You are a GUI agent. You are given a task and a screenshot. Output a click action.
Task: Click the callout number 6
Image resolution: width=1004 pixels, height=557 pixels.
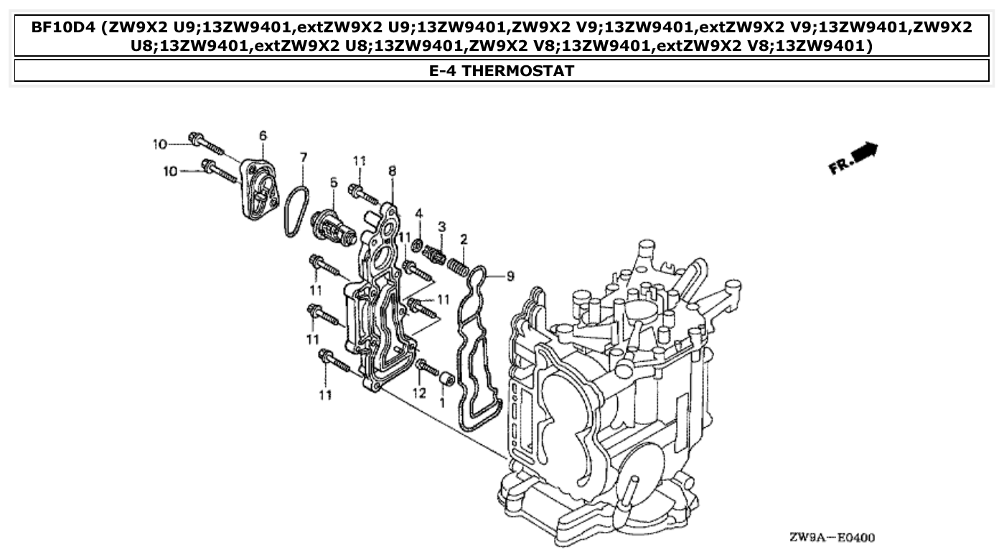pos(263,136)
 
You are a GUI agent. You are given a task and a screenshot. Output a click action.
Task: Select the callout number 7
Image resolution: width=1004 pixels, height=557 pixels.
pos(303,156)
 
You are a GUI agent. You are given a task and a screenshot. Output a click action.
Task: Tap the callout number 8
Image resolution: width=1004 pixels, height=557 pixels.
pos(392,171)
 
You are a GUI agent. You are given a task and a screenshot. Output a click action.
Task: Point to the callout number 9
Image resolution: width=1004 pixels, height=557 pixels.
pos(510,276)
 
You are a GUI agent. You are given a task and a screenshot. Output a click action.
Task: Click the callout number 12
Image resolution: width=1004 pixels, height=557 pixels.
pos(419,393)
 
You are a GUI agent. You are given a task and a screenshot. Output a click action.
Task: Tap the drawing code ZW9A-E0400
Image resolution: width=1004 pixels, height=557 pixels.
pos(832,537)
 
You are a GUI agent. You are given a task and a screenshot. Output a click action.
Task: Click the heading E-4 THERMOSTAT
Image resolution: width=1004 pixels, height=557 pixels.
pos(502,71)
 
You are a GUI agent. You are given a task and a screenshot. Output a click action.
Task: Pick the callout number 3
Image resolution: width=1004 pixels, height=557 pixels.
pos(442,227)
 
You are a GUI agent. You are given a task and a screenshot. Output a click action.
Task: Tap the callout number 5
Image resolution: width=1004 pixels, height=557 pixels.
pos(333,184)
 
